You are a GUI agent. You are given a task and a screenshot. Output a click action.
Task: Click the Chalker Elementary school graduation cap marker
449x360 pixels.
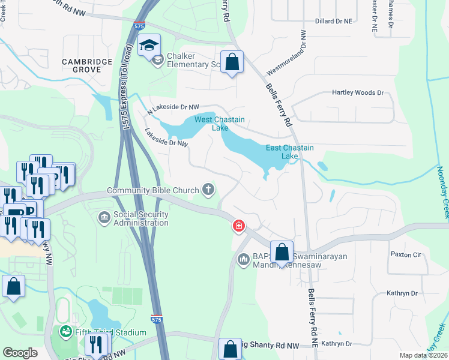[149, 45]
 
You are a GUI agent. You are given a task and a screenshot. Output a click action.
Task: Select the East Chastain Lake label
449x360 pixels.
[290, 152]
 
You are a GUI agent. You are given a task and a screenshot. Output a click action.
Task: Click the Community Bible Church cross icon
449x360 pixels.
[208, 190]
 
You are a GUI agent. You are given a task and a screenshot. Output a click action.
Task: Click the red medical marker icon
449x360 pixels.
[238, 226]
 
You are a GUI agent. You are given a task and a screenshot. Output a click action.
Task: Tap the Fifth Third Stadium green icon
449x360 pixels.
[65, 331]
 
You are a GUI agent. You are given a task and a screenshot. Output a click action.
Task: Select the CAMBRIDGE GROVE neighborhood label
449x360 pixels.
[87, 65]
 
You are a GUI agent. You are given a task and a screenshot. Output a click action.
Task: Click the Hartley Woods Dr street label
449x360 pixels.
[357, 93]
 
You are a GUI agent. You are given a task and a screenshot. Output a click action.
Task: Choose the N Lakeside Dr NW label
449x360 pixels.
[173, 109]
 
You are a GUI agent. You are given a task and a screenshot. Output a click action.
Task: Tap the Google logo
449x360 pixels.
[20, 352]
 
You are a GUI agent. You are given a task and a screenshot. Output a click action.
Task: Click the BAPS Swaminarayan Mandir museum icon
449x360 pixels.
[244, 259]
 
